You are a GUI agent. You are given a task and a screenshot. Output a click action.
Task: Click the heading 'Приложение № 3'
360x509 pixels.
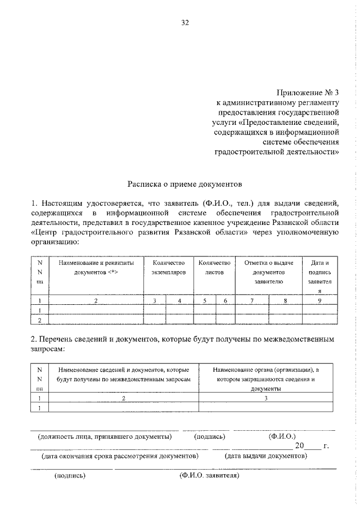(308, 93)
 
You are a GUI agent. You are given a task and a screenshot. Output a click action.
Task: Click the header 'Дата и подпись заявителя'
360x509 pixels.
(319, 276)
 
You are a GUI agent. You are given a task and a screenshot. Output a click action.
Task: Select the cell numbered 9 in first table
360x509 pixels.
(319, 301)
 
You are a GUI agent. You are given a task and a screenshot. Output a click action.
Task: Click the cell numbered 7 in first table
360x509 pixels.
(251, 301)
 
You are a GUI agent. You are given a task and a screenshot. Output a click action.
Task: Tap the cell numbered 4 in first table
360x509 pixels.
(179, 301)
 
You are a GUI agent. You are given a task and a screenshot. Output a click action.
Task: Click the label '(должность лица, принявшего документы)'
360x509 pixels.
(104, 436)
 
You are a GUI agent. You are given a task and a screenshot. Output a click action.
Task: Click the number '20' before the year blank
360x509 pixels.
(299, 446)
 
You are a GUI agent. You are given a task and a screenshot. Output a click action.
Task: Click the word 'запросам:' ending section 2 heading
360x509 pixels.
(48, 349)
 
